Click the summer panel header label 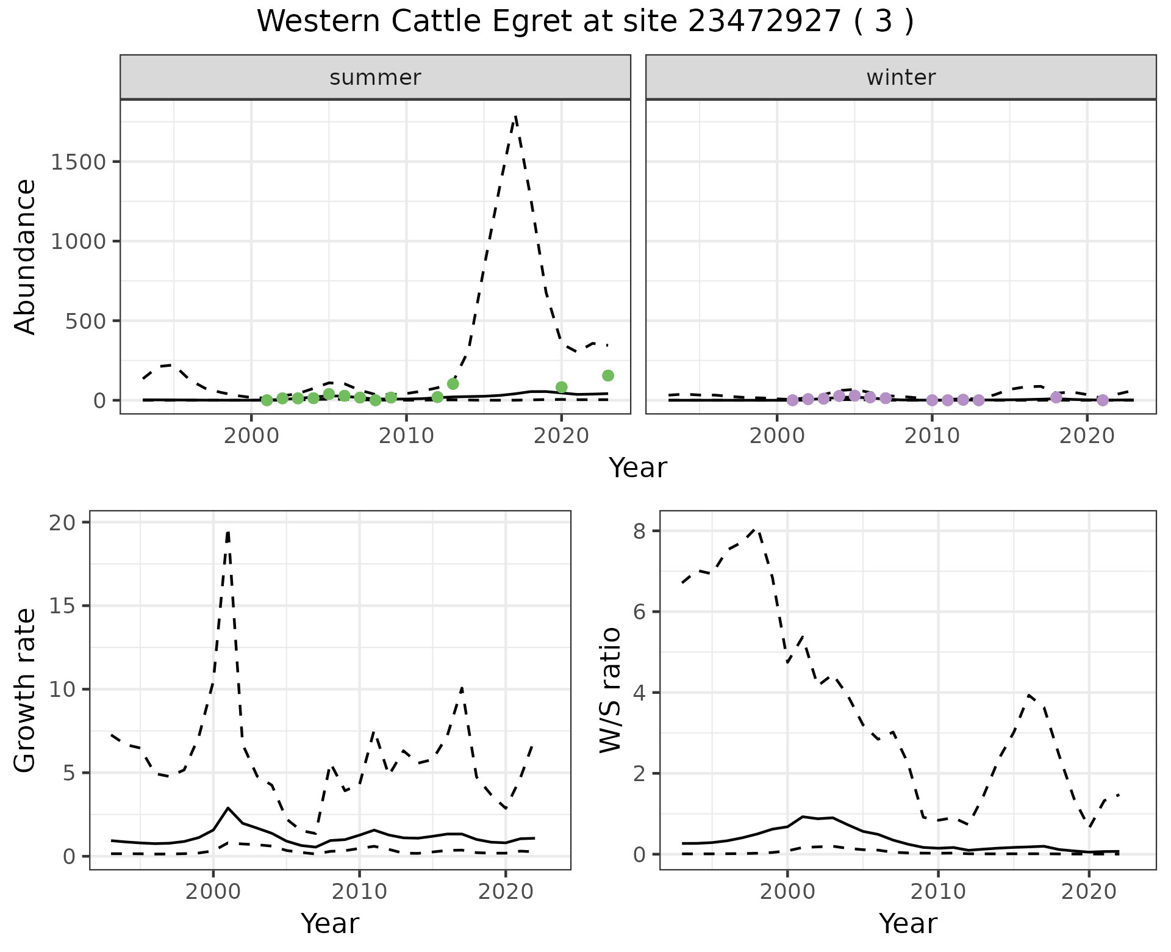(x=375, y=78)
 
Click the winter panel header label (x=901, y=78)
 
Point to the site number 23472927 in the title (x=764, y=21)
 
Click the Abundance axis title (x=26, y=256)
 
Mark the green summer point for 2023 (x=607, y=376)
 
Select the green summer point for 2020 (x=562, y=387)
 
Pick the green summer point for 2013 (x=453, y=384)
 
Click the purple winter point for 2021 (x=1102, y=400)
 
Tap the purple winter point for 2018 (x=1056, y=397)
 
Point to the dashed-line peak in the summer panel (x=516, y=116)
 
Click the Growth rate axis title (x=26, y=690)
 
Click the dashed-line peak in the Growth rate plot (x=227, y=533)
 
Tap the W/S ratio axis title (x=610, y=690)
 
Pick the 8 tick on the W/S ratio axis (x=639, y=531)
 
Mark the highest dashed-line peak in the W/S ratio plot (x=756, y=530)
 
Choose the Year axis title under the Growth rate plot (x=330, y=923)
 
